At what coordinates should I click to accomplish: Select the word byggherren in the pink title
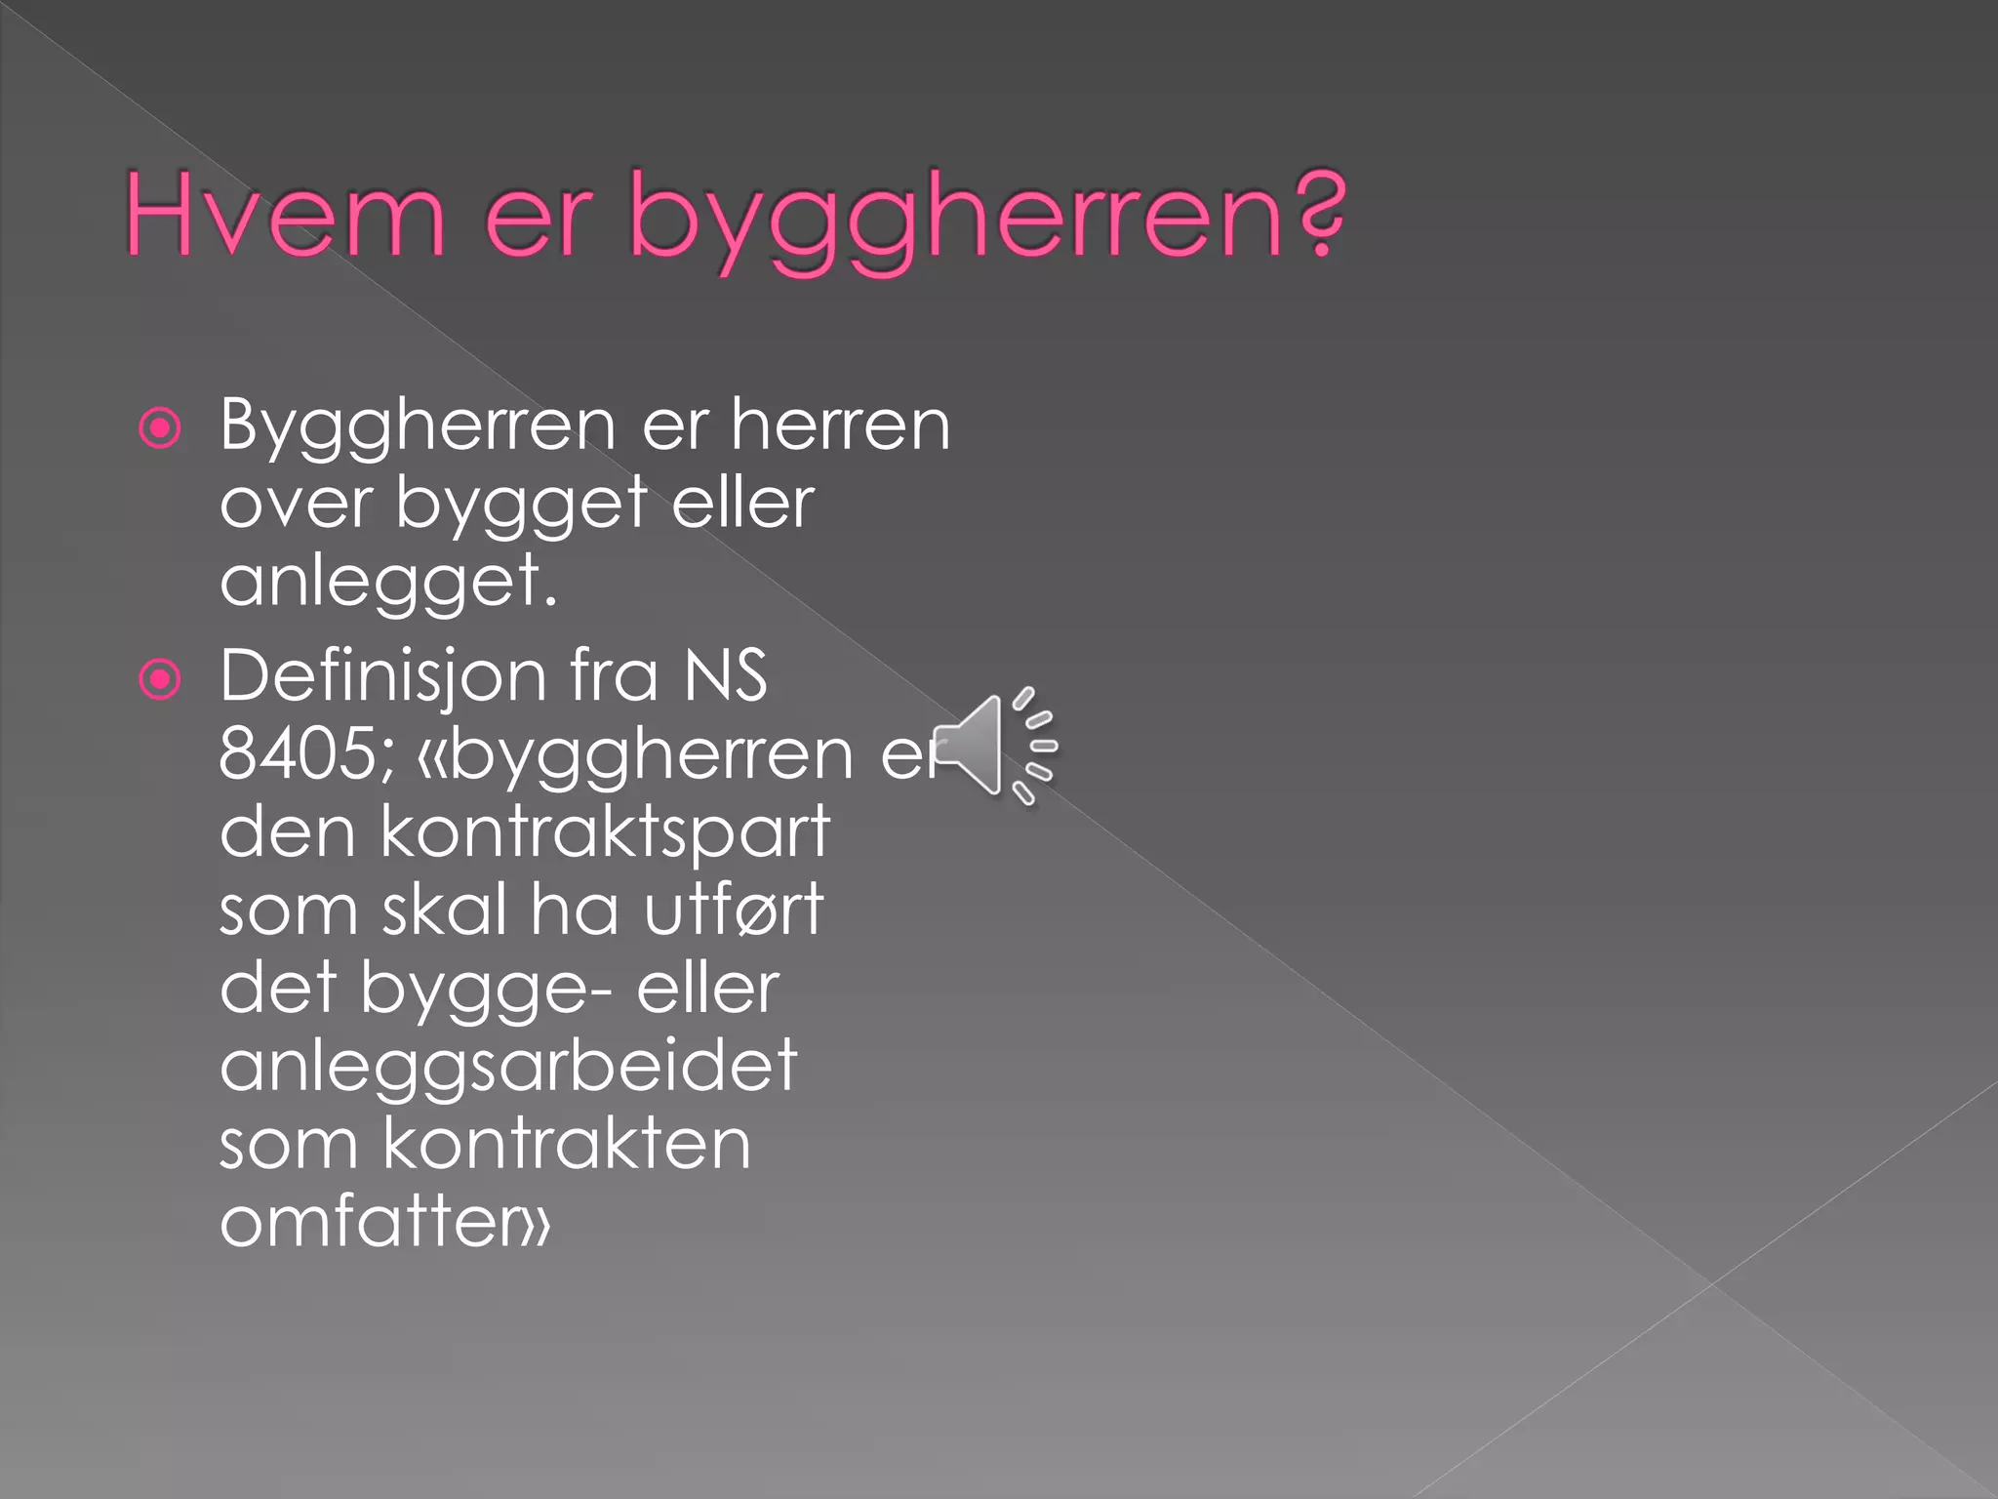coord(956,221)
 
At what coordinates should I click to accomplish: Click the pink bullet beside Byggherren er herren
coord(160,427)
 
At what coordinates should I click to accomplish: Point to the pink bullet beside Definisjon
coord(160,679)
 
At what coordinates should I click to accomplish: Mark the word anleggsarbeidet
coord(508,1067)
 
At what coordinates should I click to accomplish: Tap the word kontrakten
coord(567,1144)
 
